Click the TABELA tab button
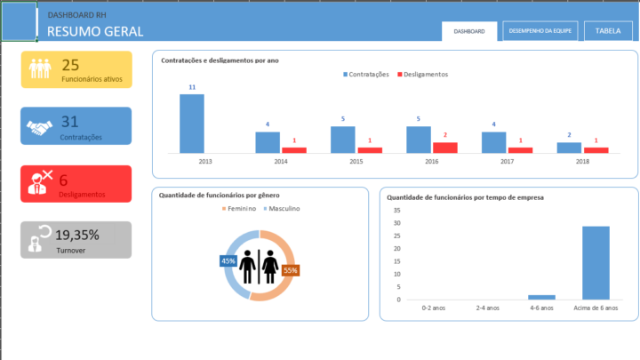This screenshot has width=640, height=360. point(608,31)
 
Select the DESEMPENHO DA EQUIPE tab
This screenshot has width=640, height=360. point(540,31)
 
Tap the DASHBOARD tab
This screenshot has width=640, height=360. point(469,31)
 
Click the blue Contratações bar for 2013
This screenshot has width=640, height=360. point(192,124)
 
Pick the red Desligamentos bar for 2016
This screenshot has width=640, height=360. point(445,148)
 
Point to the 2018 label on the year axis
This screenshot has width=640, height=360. point(583,162)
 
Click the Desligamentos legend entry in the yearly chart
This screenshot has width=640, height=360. point(421,75)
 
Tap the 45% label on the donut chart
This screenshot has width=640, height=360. point(228,261)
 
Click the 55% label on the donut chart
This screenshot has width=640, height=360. point(290,270)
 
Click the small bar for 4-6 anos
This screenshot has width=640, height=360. point(541,297)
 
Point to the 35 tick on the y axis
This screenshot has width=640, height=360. point(396,211)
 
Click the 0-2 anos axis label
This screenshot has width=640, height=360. point(434,308)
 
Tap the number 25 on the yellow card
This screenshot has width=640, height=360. point(71,64)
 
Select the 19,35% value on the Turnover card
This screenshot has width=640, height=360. point(76,235)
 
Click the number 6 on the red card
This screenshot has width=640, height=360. point(64,180)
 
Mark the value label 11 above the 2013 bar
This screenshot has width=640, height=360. point(192,88)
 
